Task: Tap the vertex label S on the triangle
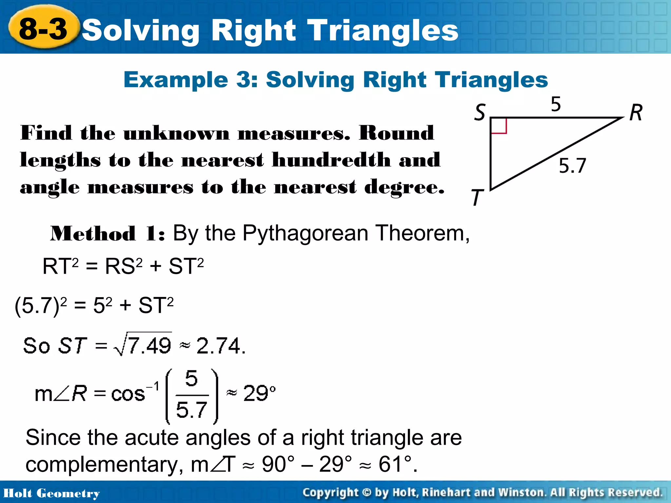coord(480,112)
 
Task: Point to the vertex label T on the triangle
coord(477,197)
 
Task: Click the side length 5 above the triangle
coord(556,104)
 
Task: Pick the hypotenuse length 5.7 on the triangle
coord(572,165)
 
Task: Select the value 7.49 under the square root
coord(149,345)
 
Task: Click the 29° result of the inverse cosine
coord(259,393)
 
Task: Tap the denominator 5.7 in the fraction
coord(192,409)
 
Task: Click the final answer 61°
coord(395,464)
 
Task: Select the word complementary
coord(102,464)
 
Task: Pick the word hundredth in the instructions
coord(331,160)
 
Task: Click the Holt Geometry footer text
coord(51,493)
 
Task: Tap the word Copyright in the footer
coord(330,493)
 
